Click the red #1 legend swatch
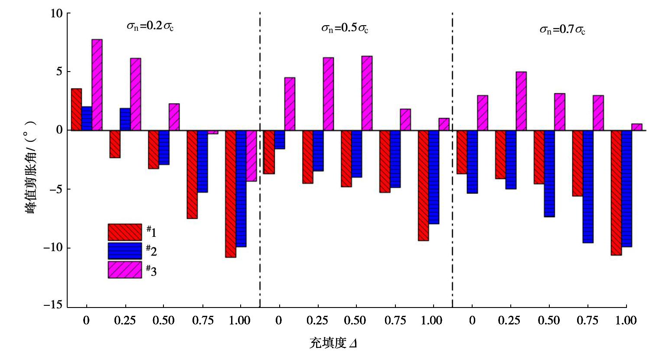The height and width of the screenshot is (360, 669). tap(125, 232)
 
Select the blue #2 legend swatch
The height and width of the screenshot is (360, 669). tap(125, 251)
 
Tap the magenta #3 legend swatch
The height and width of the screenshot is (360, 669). tap(125, 269)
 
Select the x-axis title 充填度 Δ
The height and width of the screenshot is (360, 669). tap(333, 344)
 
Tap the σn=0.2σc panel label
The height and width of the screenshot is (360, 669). tap(150, 26)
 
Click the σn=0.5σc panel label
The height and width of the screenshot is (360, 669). tap(344, 28)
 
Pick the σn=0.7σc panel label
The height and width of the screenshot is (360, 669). tap(562, 30)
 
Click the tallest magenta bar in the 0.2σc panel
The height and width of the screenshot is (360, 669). tap(97, 85)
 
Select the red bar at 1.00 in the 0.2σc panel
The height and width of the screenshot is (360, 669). tap(231, 193)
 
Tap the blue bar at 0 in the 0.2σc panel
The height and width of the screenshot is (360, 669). tap(87, 118)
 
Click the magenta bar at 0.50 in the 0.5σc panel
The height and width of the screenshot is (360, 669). tap(367, 93)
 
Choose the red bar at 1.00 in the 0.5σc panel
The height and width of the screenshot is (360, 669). tap(424, 185)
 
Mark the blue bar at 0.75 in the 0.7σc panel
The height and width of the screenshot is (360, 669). tap(588, 187)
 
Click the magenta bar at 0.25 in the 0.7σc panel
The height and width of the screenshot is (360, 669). tap(521, 101)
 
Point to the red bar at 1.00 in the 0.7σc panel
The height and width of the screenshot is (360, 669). tap(616, 193)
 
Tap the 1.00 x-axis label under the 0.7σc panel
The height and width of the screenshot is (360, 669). tap(626, 321)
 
